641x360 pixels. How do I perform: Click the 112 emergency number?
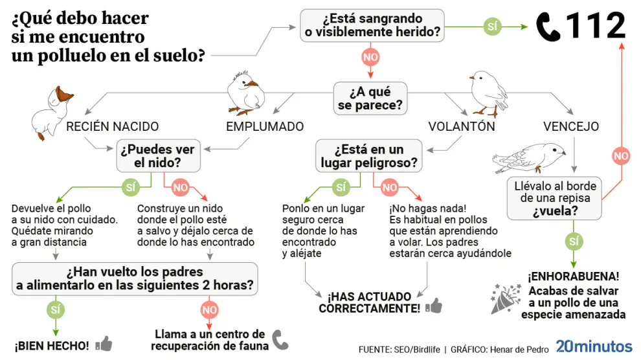[x=596, y=26]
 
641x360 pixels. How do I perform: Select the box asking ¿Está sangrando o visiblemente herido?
[x=372, y=25]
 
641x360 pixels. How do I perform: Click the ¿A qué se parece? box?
[x=370, y=97]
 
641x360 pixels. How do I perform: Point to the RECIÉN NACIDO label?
[x=113, y=126]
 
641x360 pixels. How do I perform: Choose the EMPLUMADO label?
[x=265, y=126]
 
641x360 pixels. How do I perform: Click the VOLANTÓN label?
[x=462, y=126]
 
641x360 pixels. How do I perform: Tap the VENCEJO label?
[x=571, y=126]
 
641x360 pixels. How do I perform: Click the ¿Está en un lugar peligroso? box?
[x=369, y=156]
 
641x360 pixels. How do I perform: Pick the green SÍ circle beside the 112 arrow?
[x=493, y=27]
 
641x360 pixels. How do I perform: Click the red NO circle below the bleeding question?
[x=370, y=58]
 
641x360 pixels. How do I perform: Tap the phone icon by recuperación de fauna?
[x=280, y=339]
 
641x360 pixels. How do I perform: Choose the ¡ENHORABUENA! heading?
[x=573, y=276]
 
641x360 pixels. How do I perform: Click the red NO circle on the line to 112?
[x=621, y=155]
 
